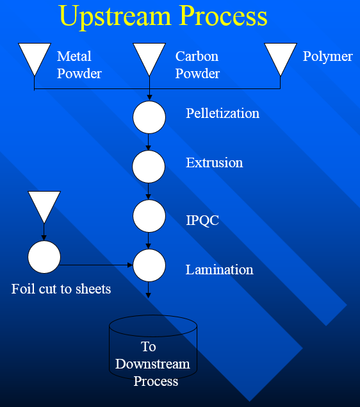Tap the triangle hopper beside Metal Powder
35,59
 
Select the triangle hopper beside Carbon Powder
149,59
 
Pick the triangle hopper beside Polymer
281,59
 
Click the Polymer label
328,57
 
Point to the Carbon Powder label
197,65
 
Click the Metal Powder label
79,65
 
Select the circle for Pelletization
149,117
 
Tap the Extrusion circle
149,167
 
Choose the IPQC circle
149,216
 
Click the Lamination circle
149,265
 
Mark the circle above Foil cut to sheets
44,257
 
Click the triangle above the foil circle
44,207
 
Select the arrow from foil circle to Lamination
96,265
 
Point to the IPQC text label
202,220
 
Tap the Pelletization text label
222,113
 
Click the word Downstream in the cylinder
152,364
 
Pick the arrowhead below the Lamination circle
148,295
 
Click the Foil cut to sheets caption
61,289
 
